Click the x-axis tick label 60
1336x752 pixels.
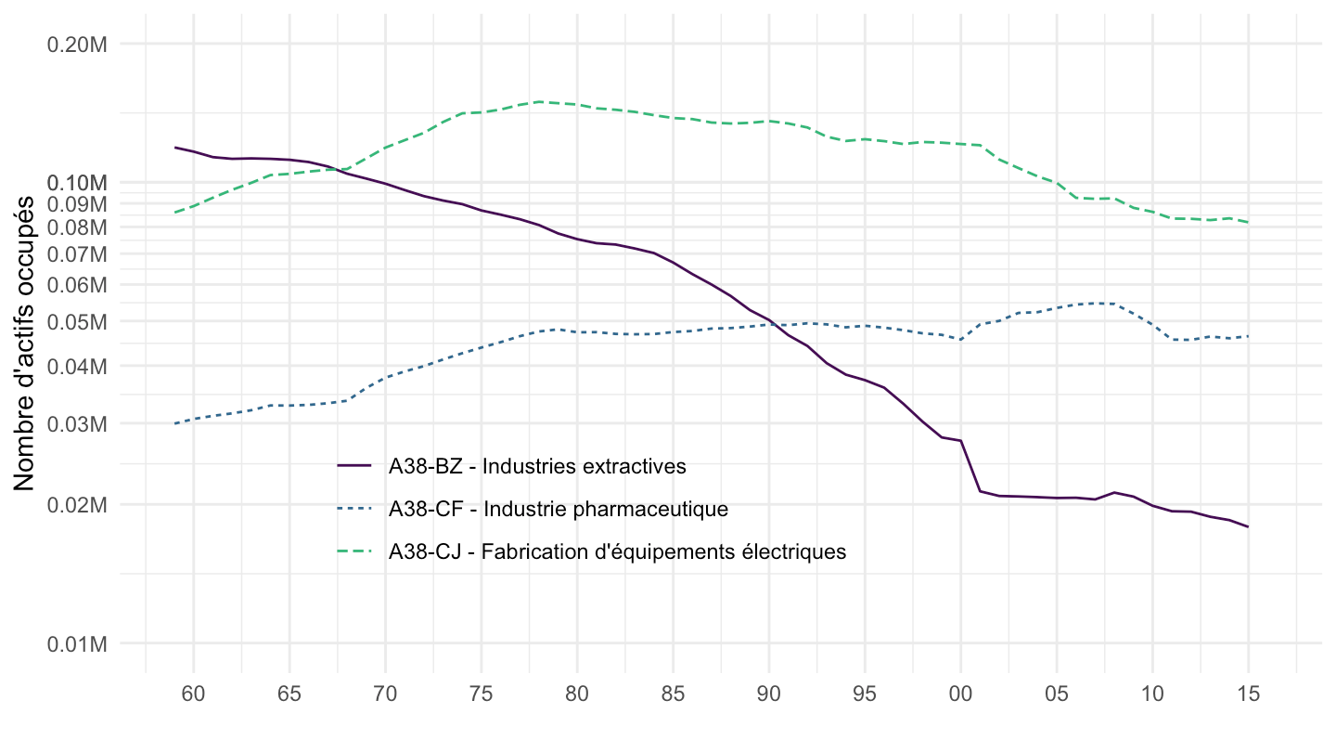[194, 693]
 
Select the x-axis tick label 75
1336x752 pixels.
[482, 693]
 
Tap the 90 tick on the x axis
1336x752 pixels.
[769, 693]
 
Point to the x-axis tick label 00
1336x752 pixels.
[960, 693]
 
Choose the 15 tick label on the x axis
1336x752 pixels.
[1248, 693]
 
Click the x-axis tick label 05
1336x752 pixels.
[1057, 693]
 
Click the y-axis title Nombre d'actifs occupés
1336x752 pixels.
[25, 344]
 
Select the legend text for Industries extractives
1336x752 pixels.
[537, 466]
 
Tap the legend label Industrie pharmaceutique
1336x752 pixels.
[559, 509]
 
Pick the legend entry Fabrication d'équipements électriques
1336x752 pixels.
[617, 551]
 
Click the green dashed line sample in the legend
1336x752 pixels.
[354, 551]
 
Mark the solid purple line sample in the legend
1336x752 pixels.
[354, 466]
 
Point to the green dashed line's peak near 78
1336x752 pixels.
[539, 101]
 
